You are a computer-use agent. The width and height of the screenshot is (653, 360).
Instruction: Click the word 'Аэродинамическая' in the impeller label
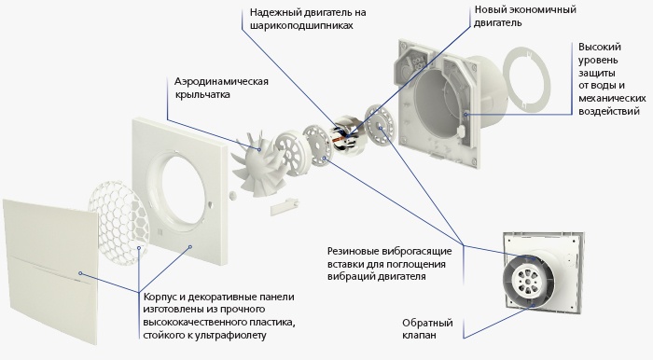(x=221, y=81)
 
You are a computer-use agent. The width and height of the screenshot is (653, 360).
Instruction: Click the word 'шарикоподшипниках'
(x=301, y=25)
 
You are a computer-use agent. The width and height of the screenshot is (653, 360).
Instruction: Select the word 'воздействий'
(x=609, y=112)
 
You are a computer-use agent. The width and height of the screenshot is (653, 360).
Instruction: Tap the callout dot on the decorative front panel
(x=80, y=273)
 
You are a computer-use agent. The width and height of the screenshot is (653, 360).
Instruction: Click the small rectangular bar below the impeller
(x=285, y=207)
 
